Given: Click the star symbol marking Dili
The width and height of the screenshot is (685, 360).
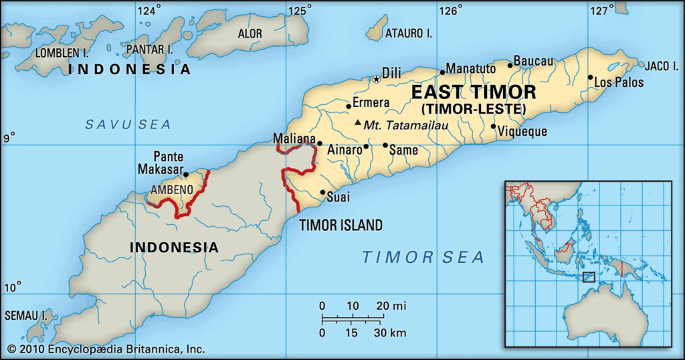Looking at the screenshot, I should (x=377, y=79).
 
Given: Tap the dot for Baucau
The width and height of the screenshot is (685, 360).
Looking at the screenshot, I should (x=510, y=65).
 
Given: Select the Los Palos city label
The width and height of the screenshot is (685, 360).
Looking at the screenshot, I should (x=619, y=83).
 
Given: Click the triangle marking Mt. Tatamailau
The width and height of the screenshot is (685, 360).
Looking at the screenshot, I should (x=358, y=122).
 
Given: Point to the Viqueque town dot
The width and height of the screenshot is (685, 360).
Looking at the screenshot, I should (x=494, y=126).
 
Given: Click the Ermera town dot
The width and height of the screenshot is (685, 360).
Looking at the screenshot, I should (x=349, y=106).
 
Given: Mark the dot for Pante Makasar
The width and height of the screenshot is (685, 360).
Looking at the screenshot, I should (x=186, y=175).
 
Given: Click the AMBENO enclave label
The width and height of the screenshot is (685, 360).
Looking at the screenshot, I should (x=172, y=190).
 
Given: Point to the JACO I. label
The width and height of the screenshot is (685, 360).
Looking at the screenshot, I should (x=662, y=66).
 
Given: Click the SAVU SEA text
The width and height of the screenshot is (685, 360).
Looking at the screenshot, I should (x=128, y=124).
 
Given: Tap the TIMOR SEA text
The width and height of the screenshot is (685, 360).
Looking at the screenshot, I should (x=423, y=256).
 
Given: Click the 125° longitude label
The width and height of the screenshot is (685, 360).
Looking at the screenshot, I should (x=300, y=9).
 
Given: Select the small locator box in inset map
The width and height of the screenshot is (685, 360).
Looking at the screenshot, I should (x=588, y=276).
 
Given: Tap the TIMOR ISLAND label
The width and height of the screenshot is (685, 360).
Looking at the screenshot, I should (x=340, y=225).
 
